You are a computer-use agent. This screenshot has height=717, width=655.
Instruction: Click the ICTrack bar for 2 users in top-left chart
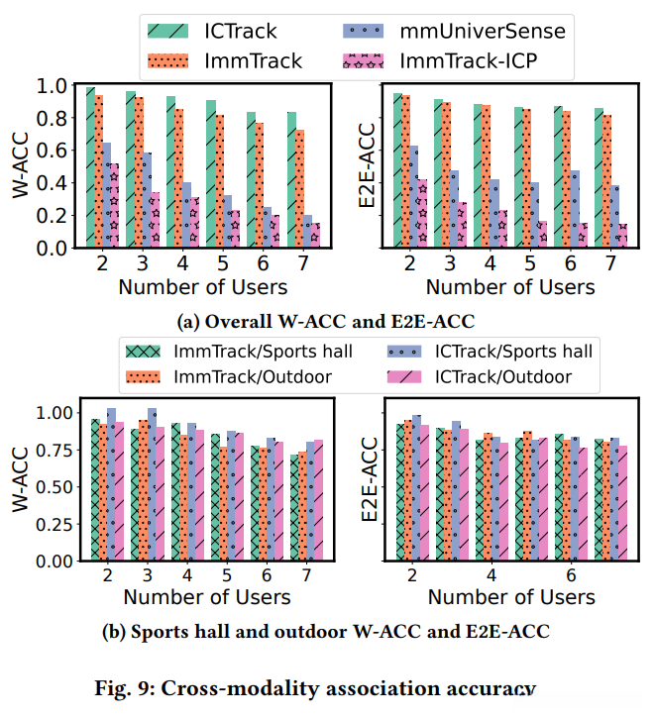pos(90,168)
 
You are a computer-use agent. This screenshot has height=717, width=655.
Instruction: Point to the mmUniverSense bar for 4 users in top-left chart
pos(186,214)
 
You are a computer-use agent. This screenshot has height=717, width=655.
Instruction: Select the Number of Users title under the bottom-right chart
pos(510,597)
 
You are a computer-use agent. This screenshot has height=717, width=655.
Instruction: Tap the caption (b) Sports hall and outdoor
pos(327,632)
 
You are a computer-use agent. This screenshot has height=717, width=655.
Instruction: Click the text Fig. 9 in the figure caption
pos(202,687)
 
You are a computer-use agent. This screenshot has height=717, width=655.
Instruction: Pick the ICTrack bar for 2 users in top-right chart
pos(398,169)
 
